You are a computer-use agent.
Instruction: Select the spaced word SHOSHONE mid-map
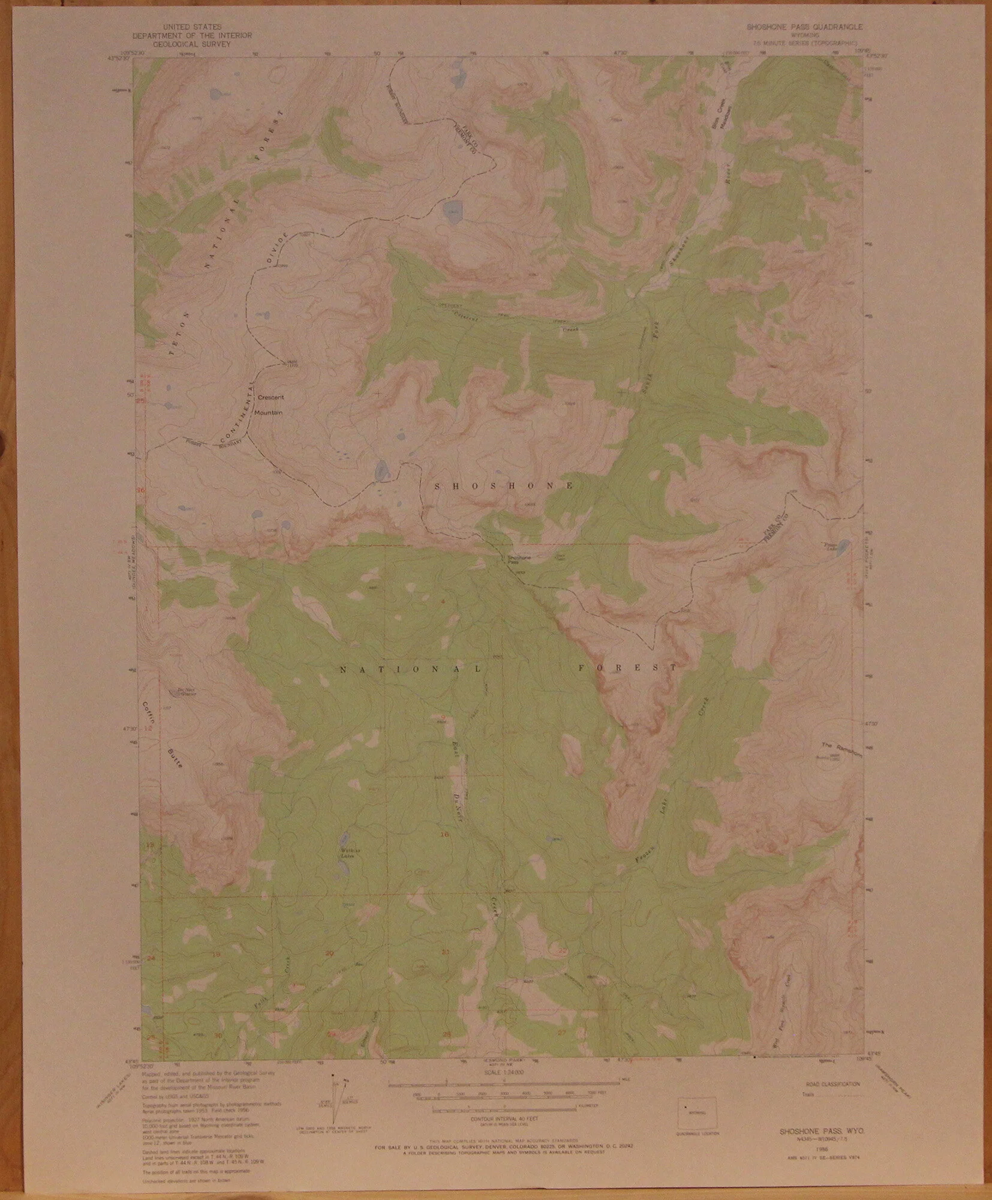[504, 484]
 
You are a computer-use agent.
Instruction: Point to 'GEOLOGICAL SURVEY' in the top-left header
[192, 43]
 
